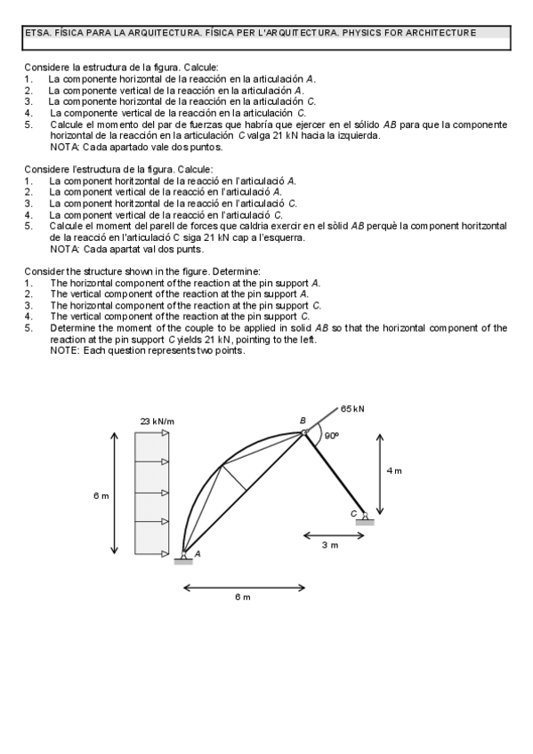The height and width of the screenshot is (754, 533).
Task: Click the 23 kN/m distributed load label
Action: click(157, 421)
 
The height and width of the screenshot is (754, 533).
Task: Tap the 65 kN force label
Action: click(352, 409)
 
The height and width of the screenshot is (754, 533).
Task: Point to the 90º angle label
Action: click(331, 437)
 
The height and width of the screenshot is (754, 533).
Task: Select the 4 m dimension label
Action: click(394, 470)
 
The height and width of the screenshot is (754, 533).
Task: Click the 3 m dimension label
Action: click(330, 545)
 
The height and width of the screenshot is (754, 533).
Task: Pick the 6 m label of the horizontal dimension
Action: click(243, 597)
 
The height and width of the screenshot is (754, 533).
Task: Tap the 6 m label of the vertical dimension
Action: click(101, 495)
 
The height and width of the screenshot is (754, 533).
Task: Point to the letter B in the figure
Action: click(303, 421)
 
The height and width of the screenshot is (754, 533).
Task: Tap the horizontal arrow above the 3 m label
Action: click(330, 535)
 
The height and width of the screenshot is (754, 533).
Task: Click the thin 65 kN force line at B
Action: click(323, 420)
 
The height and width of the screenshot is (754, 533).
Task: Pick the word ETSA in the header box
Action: click(37, 33)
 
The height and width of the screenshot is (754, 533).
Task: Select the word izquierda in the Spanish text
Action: click(358, 136)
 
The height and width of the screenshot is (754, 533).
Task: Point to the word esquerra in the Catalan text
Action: click(283, 237)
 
